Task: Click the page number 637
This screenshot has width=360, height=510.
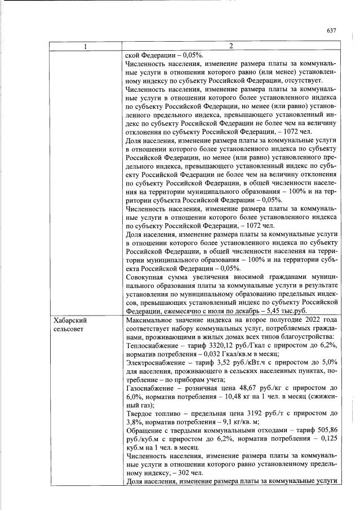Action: (x=331, y=30)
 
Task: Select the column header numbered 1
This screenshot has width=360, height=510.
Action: (x=86, y=46)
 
